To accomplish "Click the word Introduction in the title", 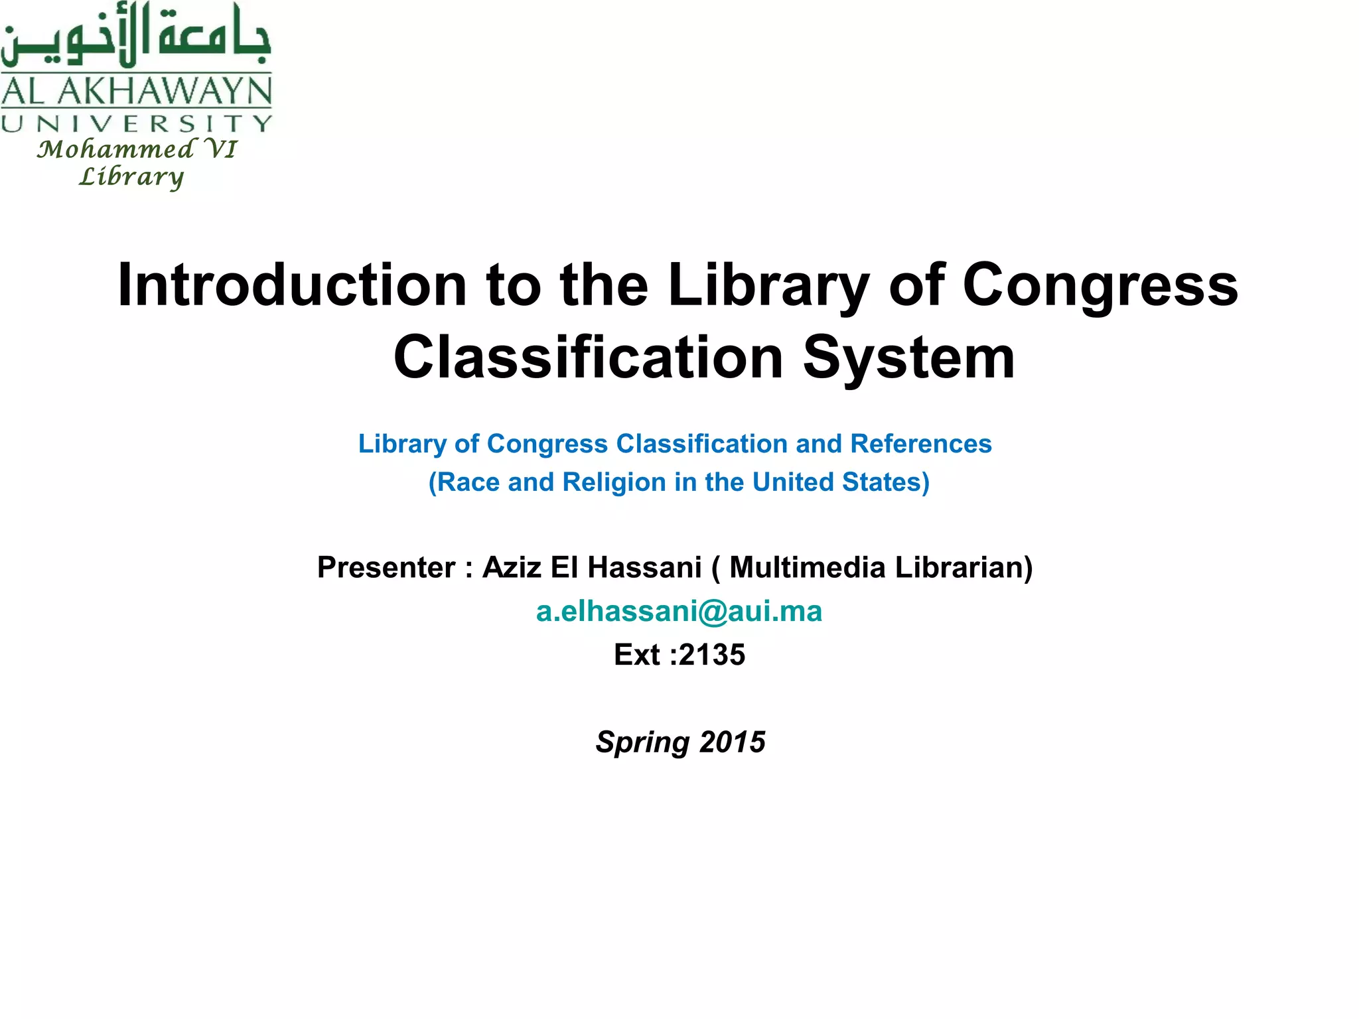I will (x=292, y=285).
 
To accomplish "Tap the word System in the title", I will (x=909, y=358).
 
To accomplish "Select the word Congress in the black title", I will (x=1100, y=285).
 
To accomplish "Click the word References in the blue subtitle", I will (x=921, y=444).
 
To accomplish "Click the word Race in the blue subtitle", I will (x=464, y=482).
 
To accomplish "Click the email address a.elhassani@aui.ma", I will (x=679, y=611).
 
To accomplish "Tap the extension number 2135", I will (x=712, y=655).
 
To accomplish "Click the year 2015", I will (x=732, y=742).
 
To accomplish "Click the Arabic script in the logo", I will (x=136, y=36).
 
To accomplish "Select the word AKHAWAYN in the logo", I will (x=165, y=91).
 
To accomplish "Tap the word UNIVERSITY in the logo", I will (x=136, y=123).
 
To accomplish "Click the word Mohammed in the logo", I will (x=115, y=149).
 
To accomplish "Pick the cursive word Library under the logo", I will (x=131, y=177).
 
